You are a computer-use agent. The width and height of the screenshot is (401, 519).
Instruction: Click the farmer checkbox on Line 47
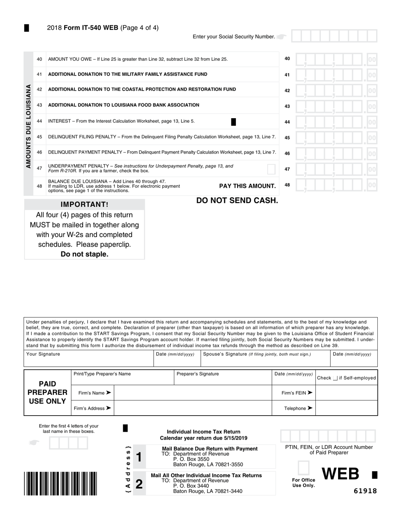point(271,169)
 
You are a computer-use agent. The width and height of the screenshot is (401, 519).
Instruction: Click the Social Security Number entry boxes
point(334,36)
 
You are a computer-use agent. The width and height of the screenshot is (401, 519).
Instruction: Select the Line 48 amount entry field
point(336,185)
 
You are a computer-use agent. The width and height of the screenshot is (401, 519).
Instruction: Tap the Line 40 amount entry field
point(336,59)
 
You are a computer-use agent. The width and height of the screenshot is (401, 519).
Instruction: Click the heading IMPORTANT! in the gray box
point(84,205)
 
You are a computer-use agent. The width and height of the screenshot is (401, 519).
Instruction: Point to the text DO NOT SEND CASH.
point(237,200)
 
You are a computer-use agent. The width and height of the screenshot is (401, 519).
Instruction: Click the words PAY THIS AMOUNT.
point(247,186)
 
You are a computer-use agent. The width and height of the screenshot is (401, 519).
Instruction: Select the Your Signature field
point(89,360)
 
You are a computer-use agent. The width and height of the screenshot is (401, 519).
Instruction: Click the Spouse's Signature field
point(265,360)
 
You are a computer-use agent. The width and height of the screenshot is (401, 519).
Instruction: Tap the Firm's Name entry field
point(193,393)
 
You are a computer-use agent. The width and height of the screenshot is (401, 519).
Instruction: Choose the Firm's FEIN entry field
point(346,393)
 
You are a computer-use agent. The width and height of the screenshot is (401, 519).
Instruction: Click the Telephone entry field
point(346,408)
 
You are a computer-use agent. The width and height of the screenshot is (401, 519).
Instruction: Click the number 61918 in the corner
point(365,491)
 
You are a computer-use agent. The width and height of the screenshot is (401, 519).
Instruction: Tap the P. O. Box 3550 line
point(191,459)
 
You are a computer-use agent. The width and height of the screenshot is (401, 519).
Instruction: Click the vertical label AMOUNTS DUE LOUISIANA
point(28,126)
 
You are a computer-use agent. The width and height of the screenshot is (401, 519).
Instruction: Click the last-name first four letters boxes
point(68,443)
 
